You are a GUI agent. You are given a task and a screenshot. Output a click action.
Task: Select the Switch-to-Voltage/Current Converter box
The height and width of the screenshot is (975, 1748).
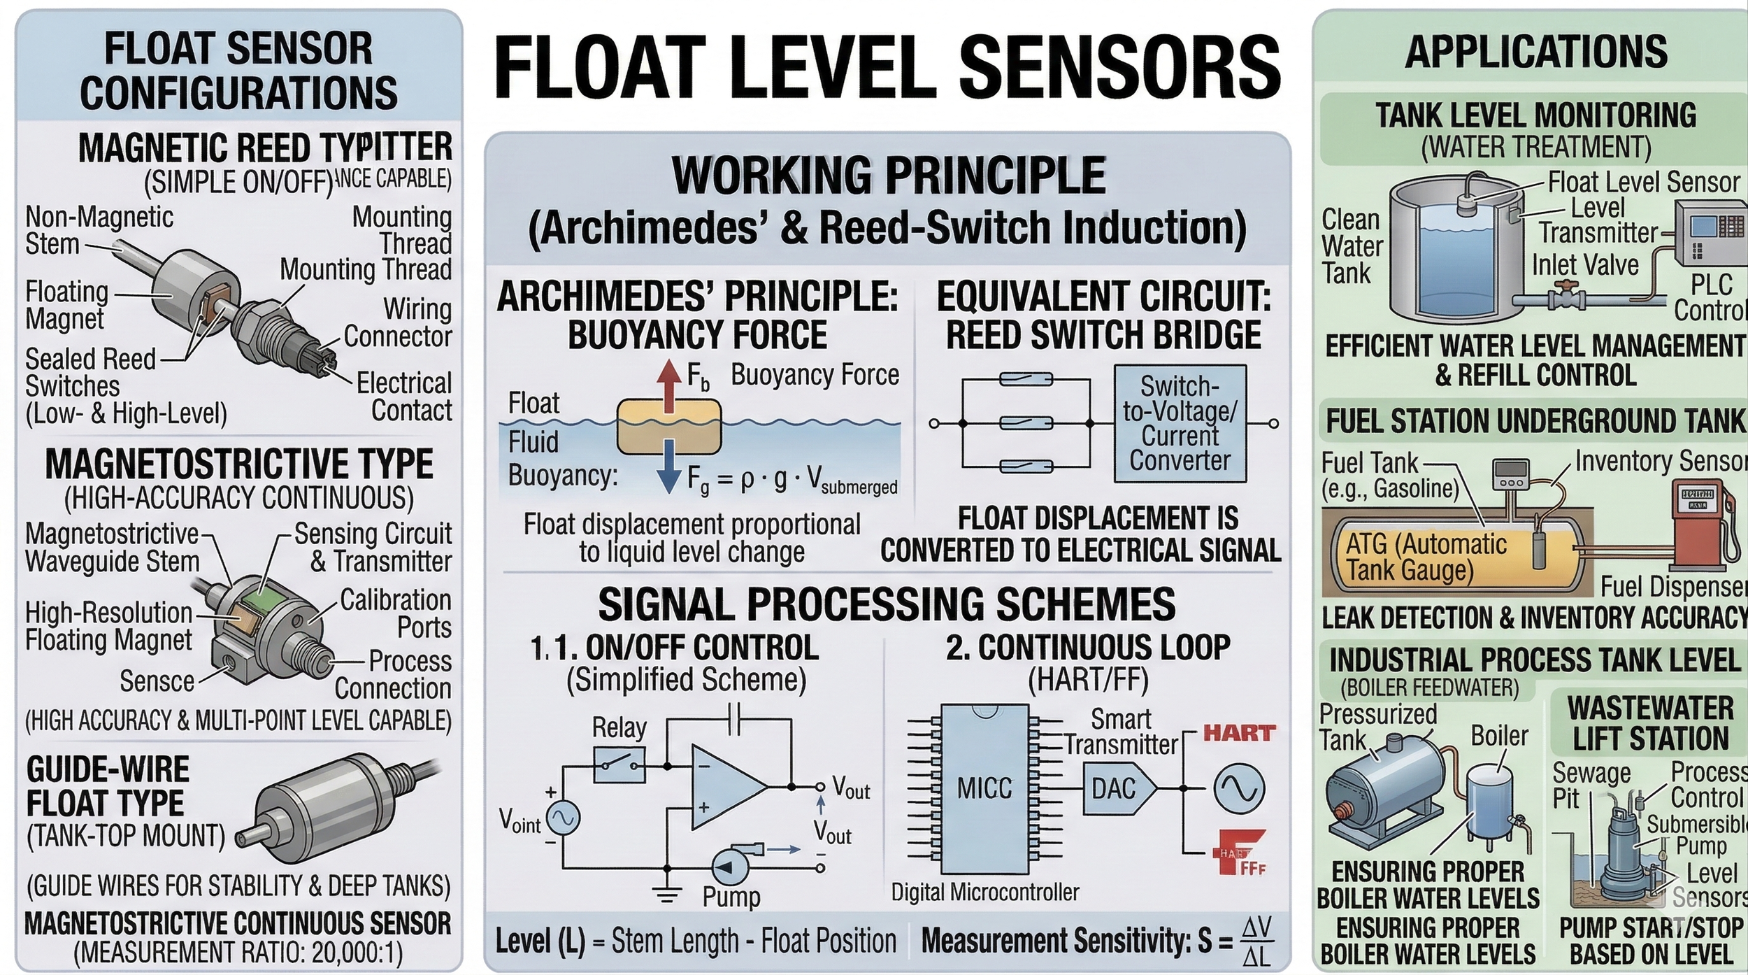tap(1180, 424)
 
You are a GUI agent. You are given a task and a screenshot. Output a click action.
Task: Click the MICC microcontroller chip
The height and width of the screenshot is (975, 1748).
tap(984, 788)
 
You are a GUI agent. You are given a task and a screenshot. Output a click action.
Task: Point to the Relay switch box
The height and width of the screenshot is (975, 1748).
tap(619, 765)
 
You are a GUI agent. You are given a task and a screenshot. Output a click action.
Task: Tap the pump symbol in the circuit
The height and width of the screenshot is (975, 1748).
tap(731, 867)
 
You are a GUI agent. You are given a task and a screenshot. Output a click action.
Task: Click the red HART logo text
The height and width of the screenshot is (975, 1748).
tap(1239, 733)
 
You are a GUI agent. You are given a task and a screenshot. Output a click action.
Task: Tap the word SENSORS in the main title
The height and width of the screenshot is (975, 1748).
tap(1119, 68)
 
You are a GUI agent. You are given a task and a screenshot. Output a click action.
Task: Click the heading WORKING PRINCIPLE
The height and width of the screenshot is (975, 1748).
tap(888, 175)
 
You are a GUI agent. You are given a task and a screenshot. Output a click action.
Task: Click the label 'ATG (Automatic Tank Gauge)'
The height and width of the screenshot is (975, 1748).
tap(1426, 557)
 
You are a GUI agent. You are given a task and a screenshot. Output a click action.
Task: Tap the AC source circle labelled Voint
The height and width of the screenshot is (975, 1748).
tap(563, 818)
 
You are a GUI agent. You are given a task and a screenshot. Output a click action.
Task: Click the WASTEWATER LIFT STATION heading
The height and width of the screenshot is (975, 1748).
tap(1650, 723)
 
